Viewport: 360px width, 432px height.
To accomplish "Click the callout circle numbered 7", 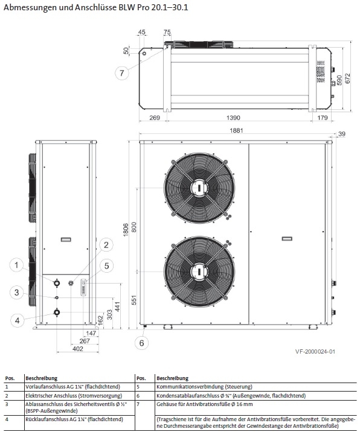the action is tap(121, 73).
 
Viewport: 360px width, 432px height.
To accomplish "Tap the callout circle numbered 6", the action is tap(141, 343).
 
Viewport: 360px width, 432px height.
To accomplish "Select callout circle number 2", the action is tap(106, 244).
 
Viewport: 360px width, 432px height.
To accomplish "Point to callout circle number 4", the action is tap(17, 320).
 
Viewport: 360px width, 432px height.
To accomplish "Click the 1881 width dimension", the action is tap(236, 130).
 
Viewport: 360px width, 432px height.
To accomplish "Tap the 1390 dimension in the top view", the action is tap(233, 118).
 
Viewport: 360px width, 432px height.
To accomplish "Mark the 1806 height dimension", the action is tap(126, 229).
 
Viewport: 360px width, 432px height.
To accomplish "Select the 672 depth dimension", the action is tap(347, 78).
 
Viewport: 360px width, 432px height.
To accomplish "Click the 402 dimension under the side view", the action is tap(78, 349).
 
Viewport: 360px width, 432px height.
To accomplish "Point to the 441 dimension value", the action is tap(118, 307).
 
